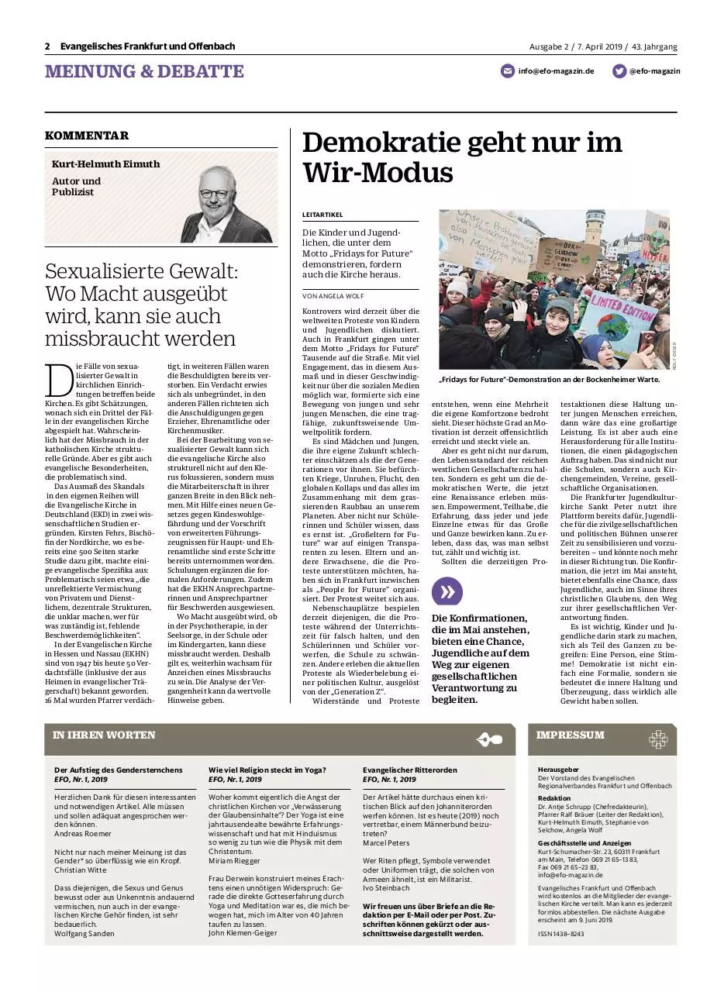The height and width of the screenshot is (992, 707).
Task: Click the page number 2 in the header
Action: click(x=48, y=46)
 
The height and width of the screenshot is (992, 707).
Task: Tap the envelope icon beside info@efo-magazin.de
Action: click(x=508, y=71)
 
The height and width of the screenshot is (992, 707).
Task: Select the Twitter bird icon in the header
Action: click(x=619, y=71)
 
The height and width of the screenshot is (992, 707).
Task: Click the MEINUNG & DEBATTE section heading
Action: click(x=144, y=72)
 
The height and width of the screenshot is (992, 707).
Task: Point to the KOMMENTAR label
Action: click(x=87, y=136)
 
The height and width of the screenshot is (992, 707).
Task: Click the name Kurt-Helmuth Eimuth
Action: click(x=105, y=164)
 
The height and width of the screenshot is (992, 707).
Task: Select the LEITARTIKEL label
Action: click(x=322, y=215)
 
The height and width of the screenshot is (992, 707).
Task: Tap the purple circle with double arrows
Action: click(x=447, y=592)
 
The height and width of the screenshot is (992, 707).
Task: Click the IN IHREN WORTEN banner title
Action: click(x=104, y=735)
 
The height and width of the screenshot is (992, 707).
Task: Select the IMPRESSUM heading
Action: click(x=571, y=735)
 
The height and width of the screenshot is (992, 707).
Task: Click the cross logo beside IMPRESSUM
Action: click(x=658, y=739)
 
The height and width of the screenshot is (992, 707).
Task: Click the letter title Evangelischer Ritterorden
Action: click(x=410, y=770)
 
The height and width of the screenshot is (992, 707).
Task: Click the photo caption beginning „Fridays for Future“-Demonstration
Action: click(x=549, y=380)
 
